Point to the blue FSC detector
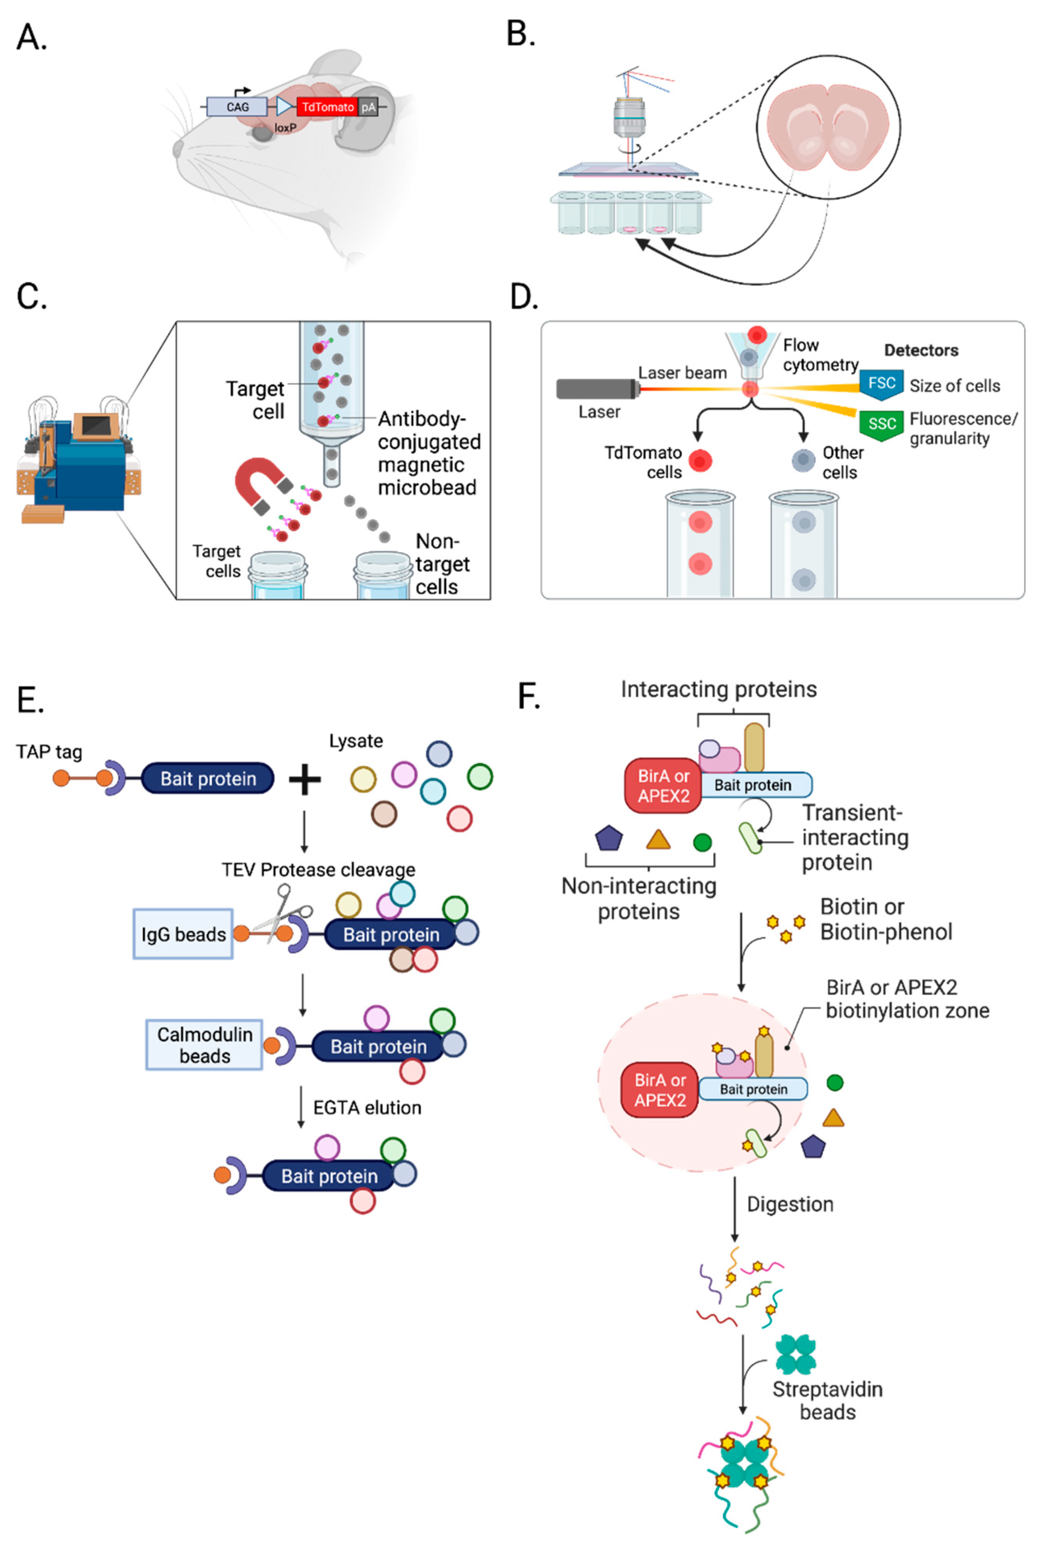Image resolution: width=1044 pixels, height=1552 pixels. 881,384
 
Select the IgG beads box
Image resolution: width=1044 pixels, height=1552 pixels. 183,934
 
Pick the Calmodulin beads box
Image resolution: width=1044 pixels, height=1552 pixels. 204,1044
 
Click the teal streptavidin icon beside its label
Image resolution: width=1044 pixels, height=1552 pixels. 795,1354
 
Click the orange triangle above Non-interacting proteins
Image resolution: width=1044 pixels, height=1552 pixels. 658,839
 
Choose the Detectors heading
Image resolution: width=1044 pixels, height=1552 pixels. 921,350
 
